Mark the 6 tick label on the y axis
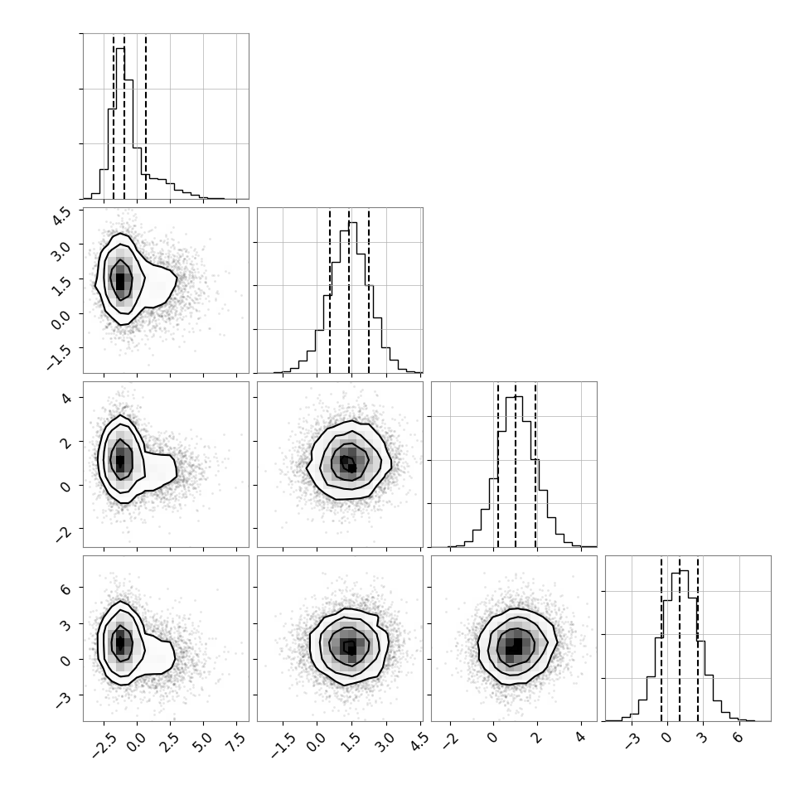(x=65, y=588)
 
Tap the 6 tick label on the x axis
(x=737, y=738)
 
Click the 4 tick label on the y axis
(x=65, y=398)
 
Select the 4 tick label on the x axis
(x=579, y=738)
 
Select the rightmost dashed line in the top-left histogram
(x=146, y=116)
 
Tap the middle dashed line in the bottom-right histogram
(x=680, y=638)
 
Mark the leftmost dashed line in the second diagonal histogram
(x=330, y=290)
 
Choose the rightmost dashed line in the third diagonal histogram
(x=535, y=464)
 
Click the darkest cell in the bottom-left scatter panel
(x=120, y=642)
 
